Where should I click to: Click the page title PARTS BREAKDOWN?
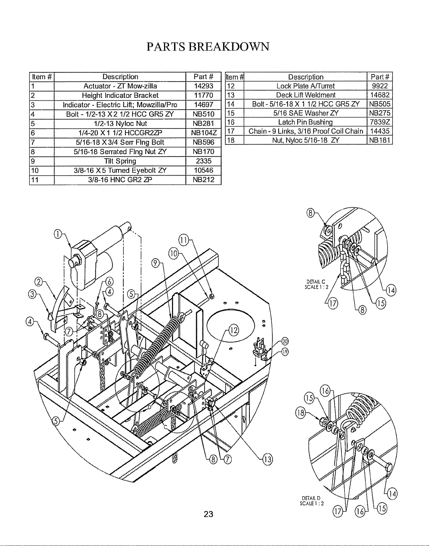click(x=208, y=47)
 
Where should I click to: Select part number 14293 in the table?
click(x=204, y=86)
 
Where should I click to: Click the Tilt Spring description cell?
click(x=120, y=161)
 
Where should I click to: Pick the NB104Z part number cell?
click(x=204, y=133)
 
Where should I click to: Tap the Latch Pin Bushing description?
click(x=305, y=122)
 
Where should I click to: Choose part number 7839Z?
click(x=380, y=122)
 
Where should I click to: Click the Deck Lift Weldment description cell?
click(x=306, y=95)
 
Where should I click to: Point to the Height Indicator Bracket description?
click(x=120, y=95)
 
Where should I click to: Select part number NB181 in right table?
click(x=380, y=140)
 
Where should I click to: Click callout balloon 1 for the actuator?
click(x=58, y=234)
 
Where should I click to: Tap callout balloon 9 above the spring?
click(x=155, y=263)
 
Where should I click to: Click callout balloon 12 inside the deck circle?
click(x=234, y=330)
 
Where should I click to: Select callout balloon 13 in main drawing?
click(x=267, y=460)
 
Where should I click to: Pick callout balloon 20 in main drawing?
click(x=285, y=341)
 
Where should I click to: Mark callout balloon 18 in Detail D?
click(x=300, y=413)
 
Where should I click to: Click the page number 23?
click(x=208, y=514)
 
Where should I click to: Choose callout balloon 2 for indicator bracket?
click(x=39, y=282)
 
